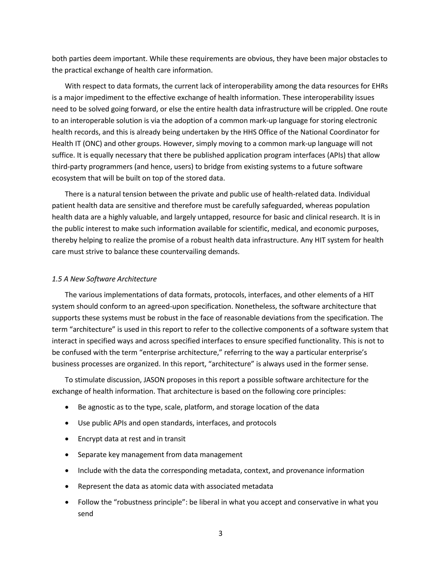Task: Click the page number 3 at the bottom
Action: click(x=220, y=533)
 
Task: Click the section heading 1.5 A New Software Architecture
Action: click(x=104, y=279)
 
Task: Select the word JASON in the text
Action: click(x=154, y=380)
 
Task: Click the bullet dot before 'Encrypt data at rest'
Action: click(x=67, y=439)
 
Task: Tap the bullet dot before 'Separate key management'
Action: click(x=67, y=455)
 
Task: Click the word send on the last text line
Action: click(x=85, y=514)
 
